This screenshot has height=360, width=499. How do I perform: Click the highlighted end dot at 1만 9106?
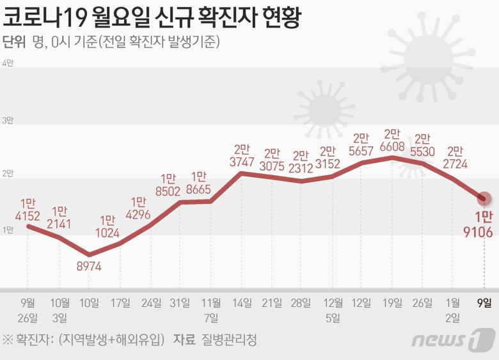click(485, 198)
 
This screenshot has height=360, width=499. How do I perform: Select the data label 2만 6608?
click(392, 140)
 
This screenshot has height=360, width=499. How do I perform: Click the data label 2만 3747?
click(241, 156)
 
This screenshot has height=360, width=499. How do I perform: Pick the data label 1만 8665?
click(199, 183)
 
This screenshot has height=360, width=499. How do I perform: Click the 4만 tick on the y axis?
click(8, 63)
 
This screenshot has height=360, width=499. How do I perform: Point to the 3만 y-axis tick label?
click(8, 120)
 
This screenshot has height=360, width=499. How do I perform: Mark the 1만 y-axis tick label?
click(8, 230)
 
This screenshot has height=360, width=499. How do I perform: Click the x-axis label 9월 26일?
click(28, 309)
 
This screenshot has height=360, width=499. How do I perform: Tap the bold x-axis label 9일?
click(484, 302)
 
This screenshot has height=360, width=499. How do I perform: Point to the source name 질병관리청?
click(228, 339)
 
